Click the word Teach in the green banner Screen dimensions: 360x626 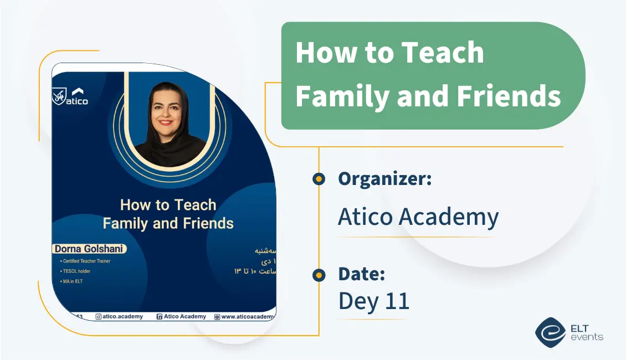pyautogui.click(x=442, y=53)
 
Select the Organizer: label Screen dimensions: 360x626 pyautogui.click(x=384, y=179)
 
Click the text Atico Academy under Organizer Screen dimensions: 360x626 pyautogui.click(x=418, y=217)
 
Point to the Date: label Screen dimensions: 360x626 pyautogui.click(x=361, y=274)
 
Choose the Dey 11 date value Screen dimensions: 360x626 pyautogui.click(x=373, y=301)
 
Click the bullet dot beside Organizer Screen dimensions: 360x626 pyautogui.click(x=319, y=179)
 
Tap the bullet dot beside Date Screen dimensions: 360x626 pyautogui.click(x=319, y=275)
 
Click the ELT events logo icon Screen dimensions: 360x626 pyautogui.click(x=550, y=332)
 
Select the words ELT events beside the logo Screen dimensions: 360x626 pyautogui.click(x=586, y=332)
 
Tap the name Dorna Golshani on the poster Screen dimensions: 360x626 pyautogui.click(x=89, y=249)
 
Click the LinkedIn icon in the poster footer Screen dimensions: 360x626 pyautogui.click(x=159, y=317)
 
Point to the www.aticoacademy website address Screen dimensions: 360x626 pyautogui.click(x=247, y=317)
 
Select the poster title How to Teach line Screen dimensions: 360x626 pyautogui.click(x=168, y=205)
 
